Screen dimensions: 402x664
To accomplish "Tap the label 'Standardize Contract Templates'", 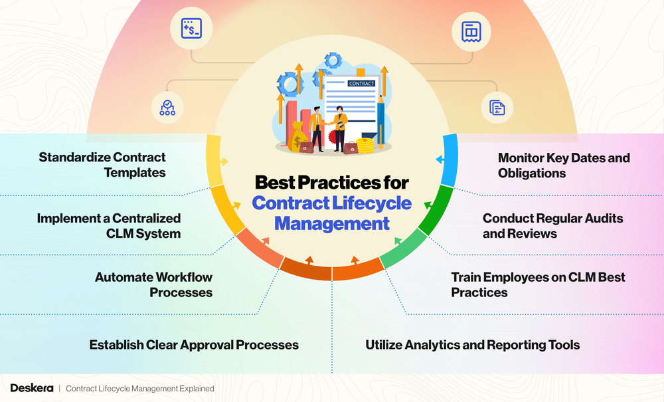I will pos(102,165).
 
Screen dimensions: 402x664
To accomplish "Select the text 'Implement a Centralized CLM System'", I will pos(108,225).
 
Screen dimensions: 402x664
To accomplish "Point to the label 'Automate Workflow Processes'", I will pos(153,284).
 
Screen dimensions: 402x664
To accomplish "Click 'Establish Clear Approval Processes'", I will pos(194,345).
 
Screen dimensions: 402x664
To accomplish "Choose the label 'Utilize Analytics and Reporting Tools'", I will pos(473,345).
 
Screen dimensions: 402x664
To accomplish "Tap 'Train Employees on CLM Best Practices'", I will pos(538,284).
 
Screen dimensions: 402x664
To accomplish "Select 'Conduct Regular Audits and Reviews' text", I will pos(552,225).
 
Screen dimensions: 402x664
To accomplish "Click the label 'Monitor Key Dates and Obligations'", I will pos(564,165).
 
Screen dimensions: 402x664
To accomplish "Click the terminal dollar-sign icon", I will pos(191,29).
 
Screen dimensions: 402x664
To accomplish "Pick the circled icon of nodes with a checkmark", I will pos(167,108).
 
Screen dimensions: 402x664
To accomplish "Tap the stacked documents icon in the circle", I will pos(497,108).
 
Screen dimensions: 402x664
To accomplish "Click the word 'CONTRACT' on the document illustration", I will pos(361,83).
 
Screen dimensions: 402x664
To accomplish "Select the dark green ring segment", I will pos(437,210).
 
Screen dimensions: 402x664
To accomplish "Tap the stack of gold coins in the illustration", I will pos(365,145).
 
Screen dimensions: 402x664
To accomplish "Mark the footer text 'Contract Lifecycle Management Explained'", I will pos(139,388).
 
